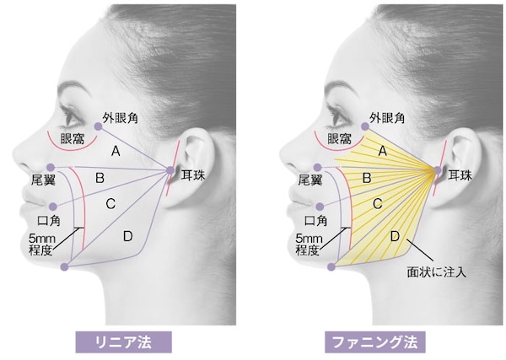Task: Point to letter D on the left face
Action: click(127, 236)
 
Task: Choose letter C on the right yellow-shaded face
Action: click(377, 203)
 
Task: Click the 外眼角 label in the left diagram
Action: click(121, 118)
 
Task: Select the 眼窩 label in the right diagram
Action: click(339, 137)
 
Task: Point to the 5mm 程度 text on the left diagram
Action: click(42, 243)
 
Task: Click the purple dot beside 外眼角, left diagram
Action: click(98, 126)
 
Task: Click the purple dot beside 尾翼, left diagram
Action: click(51, 167)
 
